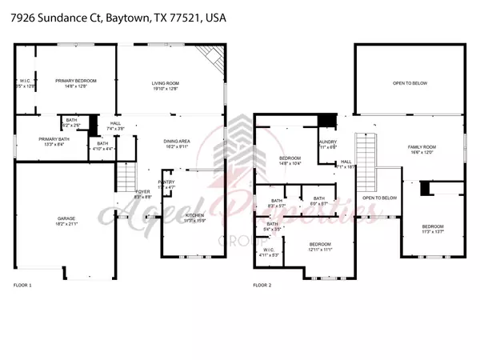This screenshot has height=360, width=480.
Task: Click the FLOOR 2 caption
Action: click(262, 284)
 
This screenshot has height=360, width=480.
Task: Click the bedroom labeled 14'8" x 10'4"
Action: click(290, 159)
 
